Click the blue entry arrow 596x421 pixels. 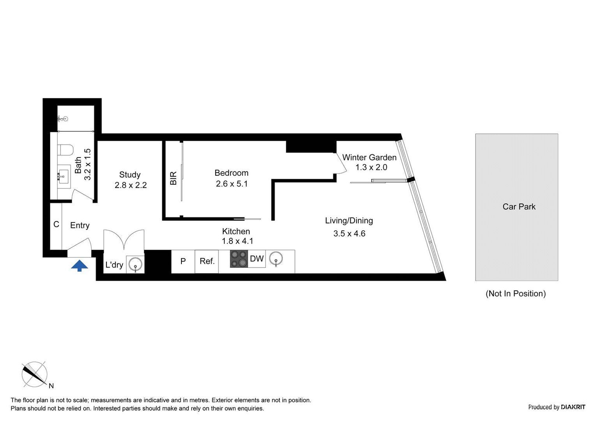(x=79, y=266)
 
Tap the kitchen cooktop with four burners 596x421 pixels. (x=239, y=259)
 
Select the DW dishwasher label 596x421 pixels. (x=257, y=258)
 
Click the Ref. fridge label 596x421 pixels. (x=207, y=261)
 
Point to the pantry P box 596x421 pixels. (x=183, y=262)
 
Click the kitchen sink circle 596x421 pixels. (x=276, y=258)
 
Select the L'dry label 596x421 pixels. (x=114, y=265)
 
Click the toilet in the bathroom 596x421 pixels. (x=65, y=150)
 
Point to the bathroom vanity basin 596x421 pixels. (x=63, y=176)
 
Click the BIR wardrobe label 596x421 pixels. (x=173, y=178)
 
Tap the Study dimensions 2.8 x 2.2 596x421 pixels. (x=131, y=185)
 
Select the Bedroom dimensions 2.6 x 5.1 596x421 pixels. (x=232, y=184)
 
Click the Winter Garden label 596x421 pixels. (x=369, y=157)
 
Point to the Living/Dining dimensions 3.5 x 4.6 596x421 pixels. (x=349, y=233)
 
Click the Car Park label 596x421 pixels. (x=519, y=207)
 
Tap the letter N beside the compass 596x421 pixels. (x=51, y=386)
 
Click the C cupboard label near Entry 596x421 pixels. (x=56, y=225)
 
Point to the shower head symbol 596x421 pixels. (x=63, y=119)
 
